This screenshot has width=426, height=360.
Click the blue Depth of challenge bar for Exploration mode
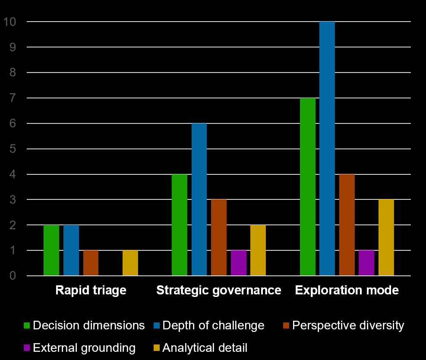327,148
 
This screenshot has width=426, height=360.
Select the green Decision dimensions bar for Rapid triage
51,250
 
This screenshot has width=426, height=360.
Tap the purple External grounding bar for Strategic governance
239,263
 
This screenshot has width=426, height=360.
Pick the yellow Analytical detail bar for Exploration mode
386,237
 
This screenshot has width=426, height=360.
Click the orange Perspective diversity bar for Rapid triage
91,263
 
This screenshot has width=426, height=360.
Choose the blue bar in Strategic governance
199,199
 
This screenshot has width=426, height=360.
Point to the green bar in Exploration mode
308,187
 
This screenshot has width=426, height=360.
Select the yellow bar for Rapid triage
130,263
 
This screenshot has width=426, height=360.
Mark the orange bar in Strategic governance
219,237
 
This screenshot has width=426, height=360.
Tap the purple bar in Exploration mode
366,263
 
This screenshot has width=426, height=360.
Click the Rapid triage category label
91,290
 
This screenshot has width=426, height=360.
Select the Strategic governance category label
219,290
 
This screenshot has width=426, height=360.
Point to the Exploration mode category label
347,290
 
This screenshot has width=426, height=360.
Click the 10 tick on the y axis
9,22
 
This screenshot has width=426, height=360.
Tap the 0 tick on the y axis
13,276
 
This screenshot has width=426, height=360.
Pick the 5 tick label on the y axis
13,149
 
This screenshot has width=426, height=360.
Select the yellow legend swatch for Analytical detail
157,347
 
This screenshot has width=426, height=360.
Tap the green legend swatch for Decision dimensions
27,325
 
